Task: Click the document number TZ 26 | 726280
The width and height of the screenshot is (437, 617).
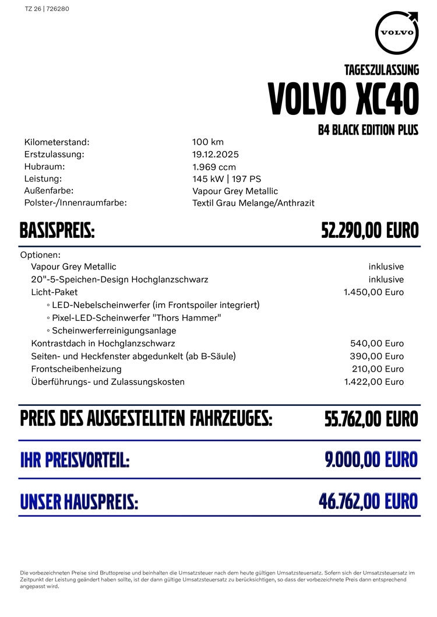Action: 47,9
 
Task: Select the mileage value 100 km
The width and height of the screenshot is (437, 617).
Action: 208,142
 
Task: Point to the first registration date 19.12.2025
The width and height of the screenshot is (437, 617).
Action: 216,155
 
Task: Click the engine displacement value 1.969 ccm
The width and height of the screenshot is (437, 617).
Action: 214,167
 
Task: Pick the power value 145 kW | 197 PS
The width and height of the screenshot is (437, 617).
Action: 227,179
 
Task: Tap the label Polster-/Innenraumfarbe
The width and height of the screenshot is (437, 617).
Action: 76,203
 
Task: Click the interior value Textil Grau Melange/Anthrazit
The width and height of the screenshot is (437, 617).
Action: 253,203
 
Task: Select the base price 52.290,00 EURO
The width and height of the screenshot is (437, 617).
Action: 370,231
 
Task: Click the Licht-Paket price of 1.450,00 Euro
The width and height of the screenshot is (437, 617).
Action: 373,292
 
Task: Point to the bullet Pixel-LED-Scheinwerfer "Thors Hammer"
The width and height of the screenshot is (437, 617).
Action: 136,318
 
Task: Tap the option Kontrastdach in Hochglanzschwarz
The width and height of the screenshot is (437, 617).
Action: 103,343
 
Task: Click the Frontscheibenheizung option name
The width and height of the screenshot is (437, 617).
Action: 76,369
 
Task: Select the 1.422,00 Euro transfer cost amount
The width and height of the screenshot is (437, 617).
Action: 373,382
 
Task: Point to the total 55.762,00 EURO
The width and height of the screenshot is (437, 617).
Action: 371,419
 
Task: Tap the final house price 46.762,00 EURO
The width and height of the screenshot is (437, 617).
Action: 368,501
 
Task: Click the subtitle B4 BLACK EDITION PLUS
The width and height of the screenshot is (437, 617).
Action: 368,130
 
